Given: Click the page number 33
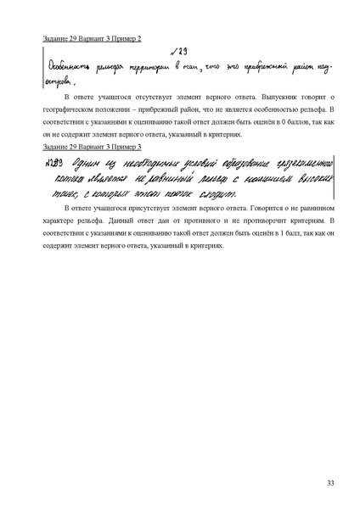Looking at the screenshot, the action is point(330,483).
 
